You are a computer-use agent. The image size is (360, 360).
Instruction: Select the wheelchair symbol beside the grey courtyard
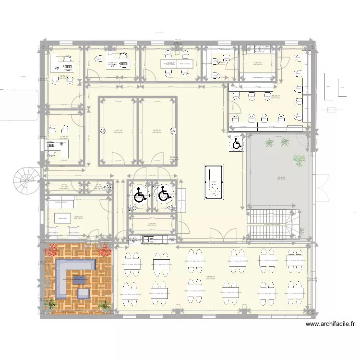tap(237, 143)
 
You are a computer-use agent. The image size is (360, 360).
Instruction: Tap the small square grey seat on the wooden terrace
tap(84, 293)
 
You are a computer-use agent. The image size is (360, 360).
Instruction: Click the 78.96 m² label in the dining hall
tap(210, 276)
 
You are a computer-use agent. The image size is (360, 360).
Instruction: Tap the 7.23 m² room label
tap(257, 62)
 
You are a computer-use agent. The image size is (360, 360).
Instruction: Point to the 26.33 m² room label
tap(276, 96)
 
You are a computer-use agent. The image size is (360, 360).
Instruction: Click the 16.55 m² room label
tap(78, 216)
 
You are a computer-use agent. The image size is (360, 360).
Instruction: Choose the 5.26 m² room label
tap(151, 223)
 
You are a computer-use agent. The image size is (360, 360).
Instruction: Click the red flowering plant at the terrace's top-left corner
tap(50, 249)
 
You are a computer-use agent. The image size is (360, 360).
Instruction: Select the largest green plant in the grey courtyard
tap(299, 160)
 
